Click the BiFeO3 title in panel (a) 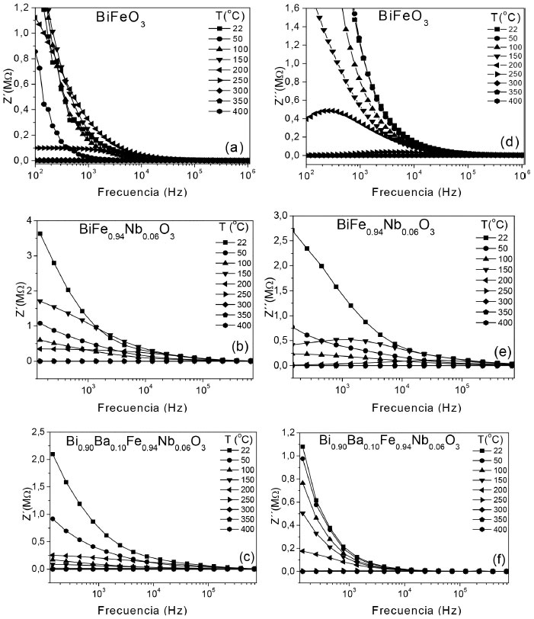tap(120, 15)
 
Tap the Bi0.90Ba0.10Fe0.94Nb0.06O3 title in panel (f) tap(389, 443)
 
